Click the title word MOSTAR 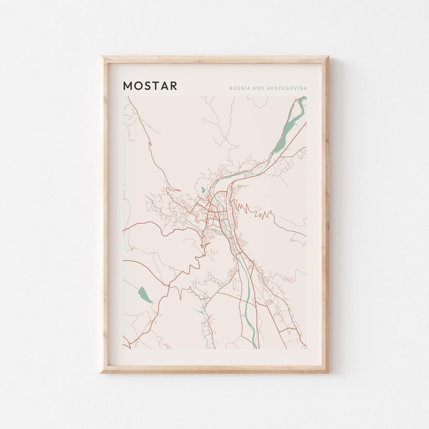(150, 86)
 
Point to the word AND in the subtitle (258, 88)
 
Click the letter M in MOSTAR (128, 86)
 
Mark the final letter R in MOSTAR (173, 86)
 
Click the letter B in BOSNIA (230, 88)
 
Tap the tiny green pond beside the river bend (203, 190)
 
